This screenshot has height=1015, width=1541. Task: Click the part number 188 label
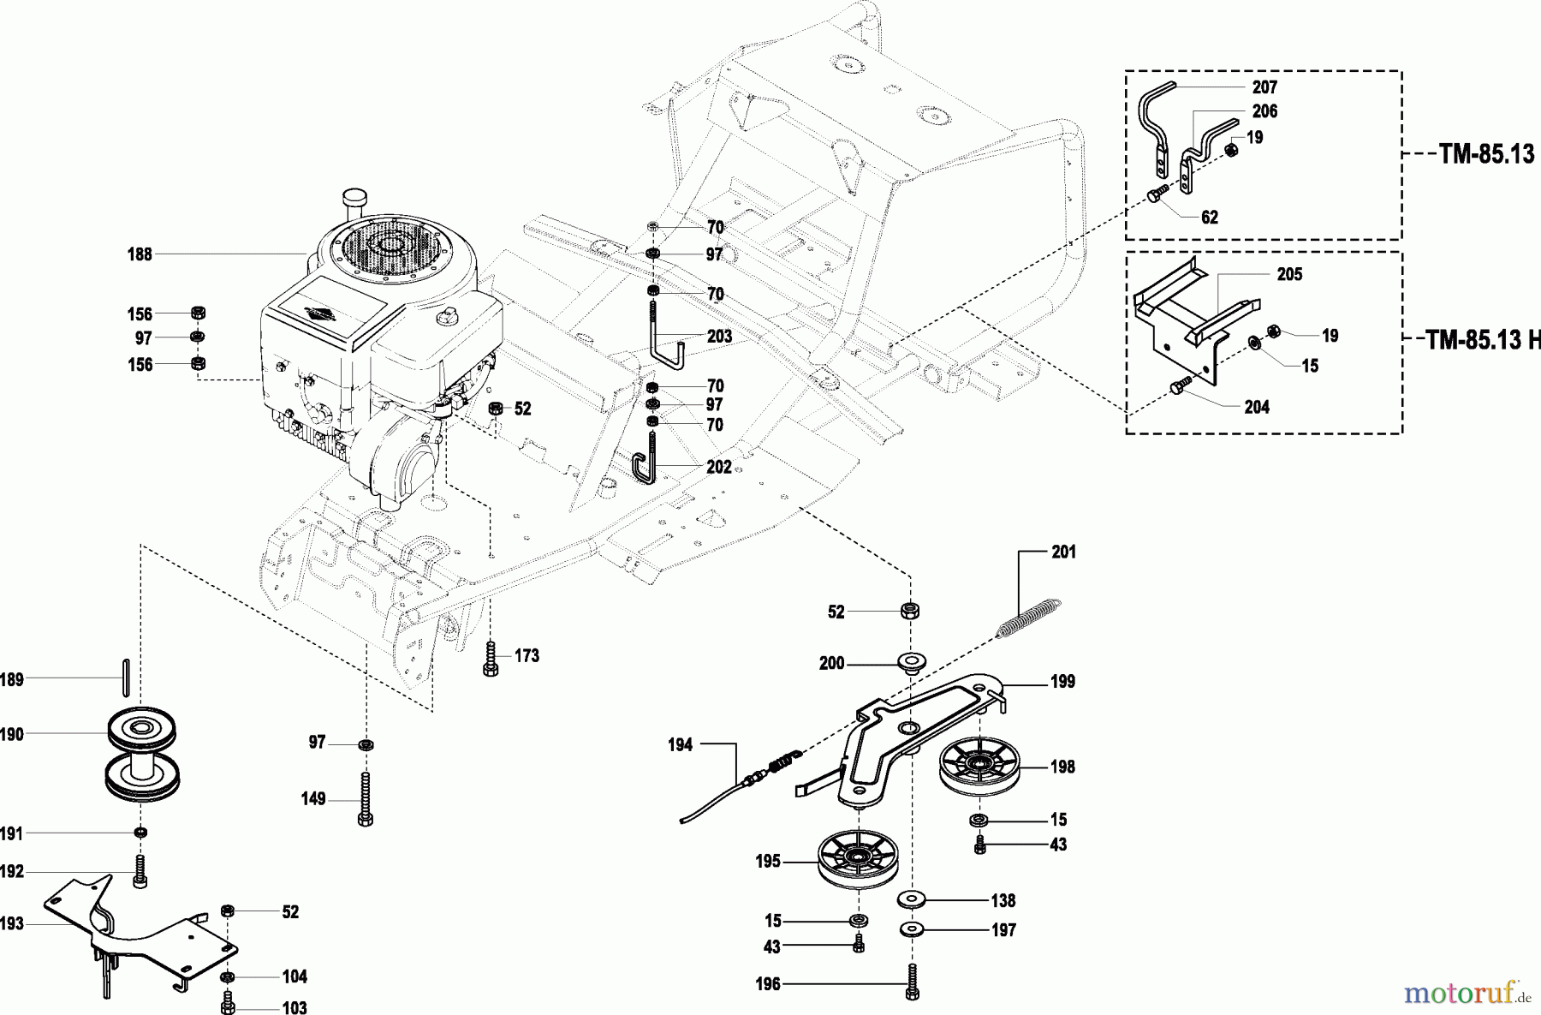[x=140, y=254]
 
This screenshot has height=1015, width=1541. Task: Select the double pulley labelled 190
[x=142, y=754]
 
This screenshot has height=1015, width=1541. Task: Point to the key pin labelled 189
[x=126, y=678]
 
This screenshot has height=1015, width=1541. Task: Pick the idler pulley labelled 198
[x=976, y=763]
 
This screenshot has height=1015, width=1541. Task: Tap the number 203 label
[x=719, y=337]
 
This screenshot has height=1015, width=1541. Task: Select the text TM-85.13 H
[x=1480, y=341]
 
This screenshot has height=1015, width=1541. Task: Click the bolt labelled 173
[x=491, y=658]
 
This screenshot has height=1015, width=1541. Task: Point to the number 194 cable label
[x=680, y=745]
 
